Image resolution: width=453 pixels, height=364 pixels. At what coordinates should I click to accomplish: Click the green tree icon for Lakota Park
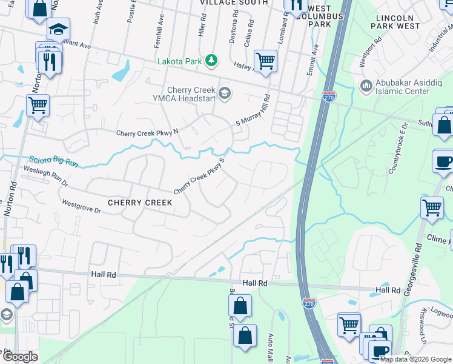(211, 61)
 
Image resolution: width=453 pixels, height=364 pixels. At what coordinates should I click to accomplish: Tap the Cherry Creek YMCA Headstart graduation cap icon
(225, 93)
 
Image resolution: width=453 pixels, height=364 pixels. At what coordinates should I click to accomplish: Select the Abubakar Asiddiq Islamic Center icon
(365, 86)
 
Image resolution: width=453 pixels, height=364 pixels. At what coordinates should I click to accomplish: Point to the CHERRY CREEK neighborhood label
(137, 202)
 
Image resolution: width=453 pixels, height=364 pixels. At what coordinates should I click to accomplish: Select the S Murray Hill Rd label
(253, 110)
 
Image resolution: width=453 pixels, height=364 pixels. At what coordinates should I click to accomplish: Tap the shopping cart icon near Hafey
(265, 61)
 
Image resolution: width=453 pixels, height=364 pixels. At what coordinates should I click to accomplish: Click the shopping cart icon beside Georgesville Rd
(432, 207)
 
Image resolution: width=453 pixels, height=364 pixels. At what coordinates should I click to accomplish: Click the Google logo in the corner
(20, 357)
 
